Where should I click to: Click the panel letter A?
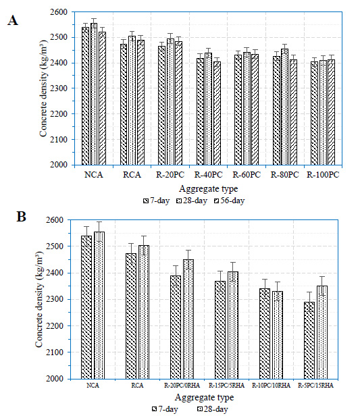pos(13,20)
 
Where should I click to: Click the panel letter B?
pos(21,217)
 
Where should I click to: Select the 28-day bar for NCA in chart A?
pos(94,94)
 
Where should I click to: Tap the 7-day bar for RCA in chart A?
pos(124,105)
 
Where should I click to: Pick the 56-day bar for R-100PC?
pos(332,112)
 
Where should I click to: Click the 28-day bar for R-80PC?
pos(285,107)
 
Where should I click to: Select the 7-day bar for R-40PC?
pos(200,111)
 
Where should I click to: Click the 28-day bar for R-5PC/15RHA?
pos(322,332)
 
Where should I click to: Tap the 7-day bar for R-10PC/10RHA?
pos(265,334)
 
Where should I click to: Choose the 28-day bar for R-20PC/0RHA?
pos(188,319)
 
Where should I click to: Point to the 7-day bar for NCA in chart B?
pos(86,307)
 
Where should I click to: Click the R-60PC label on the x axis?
pos(247,175)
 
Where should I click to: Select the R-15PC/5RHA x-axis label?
pos(227,386)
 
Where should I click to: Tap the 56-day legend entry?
pos(230,201)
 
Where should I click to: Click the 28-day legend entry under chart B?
pos(213,409)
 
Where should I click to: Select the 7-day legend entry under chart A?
pos(157,201)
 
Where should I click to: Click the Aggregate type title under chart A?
pos(209,189)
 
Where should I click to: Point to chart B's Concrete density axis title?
pos(39,299)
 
